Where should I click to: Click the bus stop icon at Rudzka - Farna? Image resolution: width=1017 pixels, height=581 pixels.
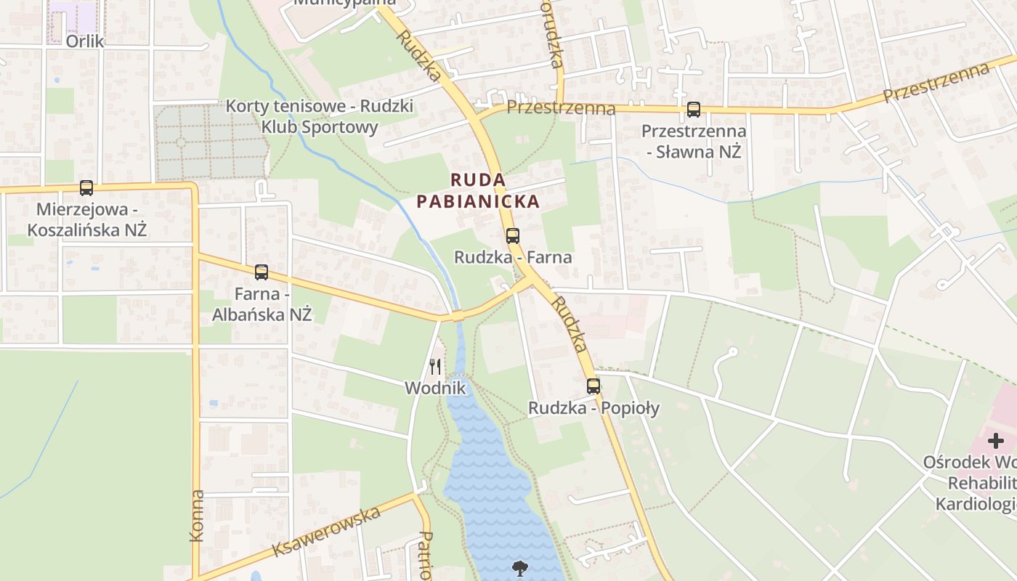tap(513, 235)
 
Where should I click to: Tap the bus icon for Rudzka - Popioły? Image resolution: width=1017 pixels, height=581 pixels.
tap(593, 386)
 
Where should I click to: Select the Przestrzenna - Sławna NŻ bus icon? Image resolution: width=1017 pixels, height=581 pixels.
tap(694, 110)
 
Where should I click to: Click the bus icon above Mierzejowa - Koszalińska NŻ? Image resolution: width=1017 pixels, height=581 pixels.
tap(86, 188)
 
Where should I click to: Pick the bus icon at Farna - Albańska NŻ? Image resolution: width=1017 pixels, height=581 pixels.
tap(262, 272)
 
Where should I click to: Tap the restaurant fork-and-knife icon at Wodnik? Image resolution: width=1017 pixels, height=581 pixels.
tap(435, 366)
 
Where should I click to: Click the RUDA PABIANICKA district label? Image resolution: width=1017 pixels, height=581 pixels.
tap(478, 190)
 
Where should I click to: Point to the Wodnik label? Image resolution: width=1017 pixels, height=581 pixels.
tap(435, 389)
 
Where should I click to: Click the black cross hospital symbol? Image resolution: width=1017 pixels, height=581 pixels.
tap(995, 441)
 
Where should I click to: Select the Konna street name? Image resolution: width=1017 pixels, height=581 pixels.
tap(197, 516)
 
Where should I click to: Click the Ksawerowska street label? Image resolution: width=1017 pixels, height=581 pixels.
tap(327, 532)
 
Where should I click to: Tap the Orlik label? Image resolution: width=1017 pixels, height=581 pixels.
tap(85, 41)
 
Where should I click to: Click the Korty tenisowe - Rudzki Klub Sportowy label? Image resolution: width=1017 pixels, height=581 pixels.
tap(320, 116)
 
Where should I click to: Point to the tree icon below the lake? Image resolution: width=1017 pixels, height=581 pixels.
tap(519, 568)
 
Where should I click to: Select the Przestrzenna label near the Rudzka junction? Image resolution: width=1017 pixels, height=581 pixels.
tap(561, 108)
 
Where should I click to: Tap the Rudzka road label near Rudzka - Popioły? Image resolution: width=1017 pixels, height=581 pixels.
tap(569, 324)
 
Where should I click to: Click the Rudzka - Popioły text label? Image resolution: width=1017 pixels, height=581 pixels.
tap(593, 408)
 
